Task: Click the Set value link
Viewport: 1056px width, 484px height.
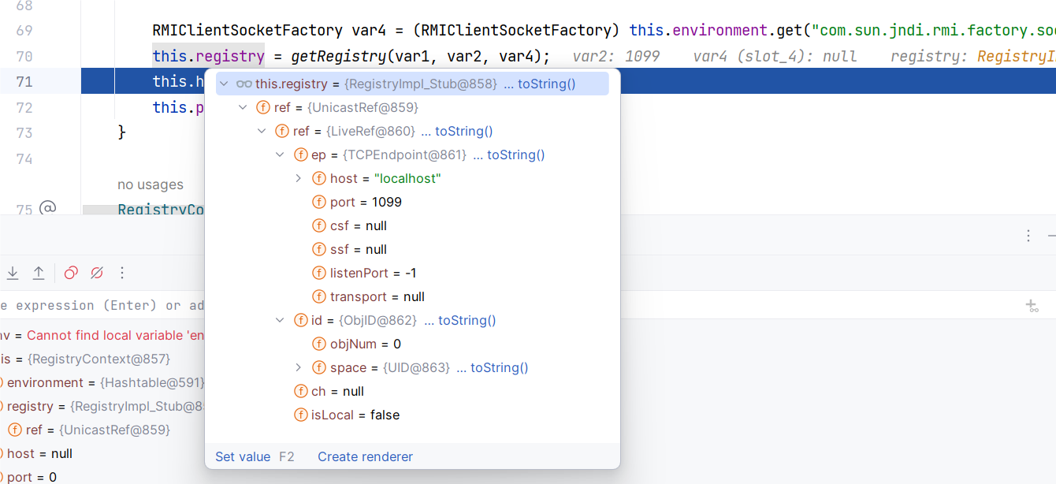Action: (243, 456)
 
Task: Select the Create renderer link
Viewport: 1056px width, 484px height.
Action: (365, 456)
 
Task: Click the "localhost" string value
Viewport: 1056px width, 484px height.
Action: (407, 178)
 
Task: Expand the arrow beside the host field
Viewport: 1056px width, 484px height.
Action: (298, 178)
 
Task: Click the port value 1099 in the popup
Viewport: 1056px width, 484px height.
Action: (387, 202)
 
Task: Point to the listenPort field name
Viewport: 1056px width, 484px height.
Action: (359, 273)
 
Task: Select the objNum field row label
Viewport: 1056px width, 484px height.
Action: (353, 344)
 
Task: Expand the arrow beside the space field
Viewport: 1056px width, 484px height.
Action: (298, 367)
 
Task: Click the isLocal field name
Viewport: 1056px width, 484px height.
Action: (333, 415)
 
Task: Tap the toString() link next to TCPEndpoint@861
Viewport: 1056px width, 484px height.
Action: (515, 155)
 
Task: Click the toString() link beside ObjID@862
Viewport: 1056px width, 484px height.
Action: (467, 320)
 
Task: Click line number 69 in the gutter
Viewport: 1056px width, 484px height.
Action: (24, 31)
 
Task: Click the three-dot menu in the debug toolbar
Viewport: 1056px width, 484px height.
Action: (122, 273)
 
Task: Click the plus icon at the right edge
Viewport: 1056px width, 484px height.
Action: (1032, 306)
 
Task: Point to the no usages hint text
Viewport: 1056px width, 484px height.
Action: (151, 184)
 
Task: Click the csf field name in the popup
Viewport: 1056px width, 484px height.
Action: (340, 225)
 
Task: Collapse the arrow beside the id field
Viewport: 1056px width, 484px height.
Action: (279, 320)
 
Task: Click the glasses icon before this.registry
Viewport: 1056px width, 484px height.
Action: (244, 84)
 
